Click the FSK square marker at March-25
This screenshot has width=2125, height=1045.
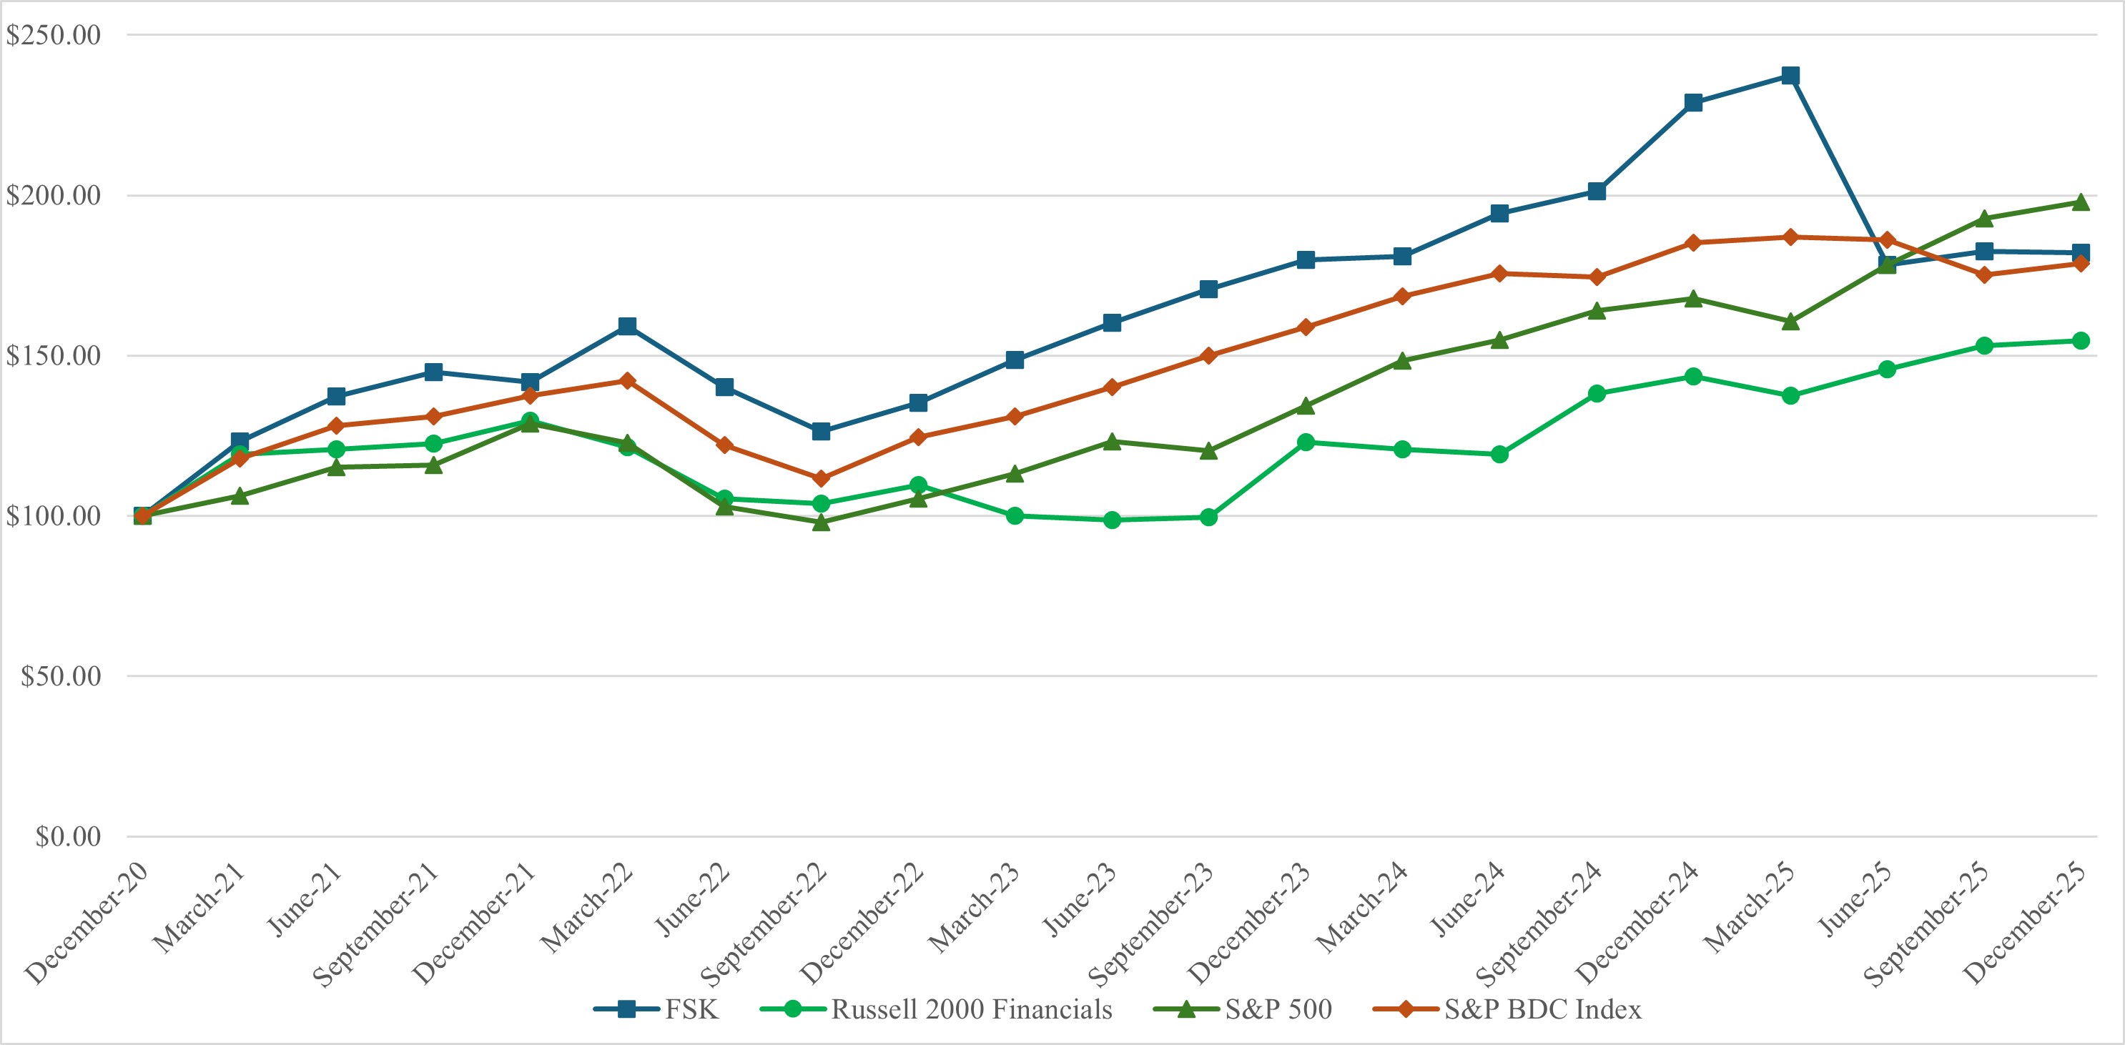(x=1790, y=76)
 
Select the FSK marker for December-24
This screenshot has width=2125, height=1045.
(x=1692, y=102)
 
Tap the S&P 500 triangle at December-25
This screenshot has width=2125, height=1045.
(x=2081, y=203)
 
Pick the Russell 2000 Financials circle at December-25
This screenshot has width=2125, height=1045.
(x=2081, y=341)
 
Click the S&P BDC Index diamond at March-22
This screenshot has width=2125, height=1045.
(x=627, y=380)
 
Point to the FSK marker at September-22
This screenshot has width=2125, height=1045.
(x=821, y=431)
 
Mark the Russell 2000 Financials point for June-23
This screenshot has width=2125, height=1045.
(x=1112, y=520)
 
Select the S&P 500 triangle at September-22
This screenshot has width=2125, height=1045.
(x=821, y=522)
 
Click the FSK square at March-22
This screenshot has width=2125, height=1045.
(x=627, y=326)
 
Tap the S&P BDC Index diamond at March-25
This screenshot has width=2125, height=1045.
(x=1790, y=237)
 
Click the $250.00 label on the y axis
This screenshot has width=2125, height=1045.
(x=53, y=34)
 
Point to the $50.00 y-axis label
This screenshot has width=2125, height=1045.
(x=60, y=676)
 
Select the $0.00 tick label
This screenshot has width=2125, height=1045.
(x=68, y=836)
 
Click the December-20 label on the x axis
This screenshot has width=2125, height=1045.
(x=87, y=923)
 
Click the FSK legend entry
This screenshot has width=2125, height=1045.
(x=656, y=1009)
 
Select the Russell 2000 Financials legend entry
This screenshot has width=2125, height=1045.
(x=935, y=1009)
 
